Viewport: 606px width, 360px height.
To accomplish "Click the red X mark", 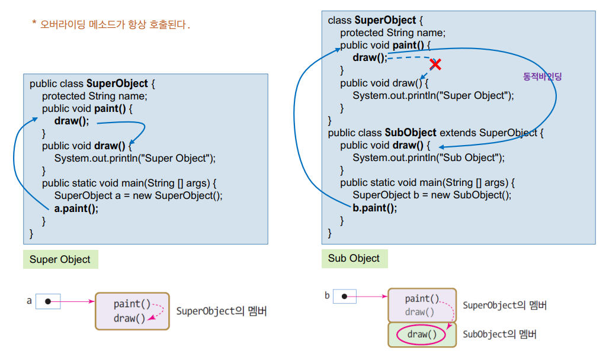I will (436, 64).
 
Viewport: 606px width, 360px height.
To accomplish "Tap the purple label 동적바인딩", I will (542, 76).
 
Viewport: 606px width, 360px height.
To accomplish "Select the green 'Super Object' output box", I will (60, 259).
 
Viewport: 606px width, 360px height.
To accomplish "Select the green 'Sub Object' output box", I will (354, 258).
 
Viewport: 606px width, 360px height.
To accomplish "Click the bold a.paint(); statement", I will (76, 208).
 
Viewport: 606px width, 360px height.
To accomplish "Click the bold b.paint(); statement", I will (375, 208).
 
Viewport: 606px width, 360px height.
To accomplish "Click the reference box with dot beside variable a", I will (48, 301).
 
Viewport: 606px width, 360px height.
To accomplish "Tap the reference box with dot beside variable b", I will (345, 296).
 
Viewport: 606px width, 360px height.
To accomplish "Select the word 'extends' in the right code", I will (457, 133).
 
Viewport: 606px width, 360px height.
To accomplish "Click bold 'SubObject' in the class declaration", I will (411, 133).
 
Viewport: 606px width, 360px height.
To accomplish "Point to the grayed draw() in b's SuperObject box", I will (419, 312).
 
